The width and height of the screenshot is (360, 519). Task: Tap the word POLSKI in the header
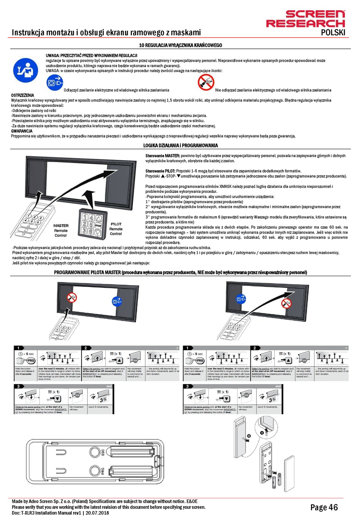333,33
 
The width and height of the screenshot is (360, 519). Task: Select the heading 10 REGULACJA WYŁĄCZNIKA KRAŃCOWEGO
180,45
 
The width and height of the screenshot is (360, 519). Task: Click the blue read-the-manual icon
25,71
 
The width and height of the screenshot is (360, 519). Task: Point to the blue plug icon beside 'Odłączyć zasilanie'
55,82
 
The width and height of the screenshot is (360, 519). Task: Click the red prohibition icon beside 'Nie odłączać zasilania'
206,82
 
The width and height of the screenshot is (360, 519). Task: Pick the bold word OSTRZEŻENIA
23,95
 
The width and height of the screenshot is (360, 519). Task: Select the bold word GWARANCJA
22,131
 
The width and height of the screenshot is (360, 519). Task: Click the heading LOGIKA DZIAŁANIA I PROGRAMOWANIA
180,145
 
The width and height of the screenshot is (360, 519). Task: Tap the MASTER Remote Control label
61,230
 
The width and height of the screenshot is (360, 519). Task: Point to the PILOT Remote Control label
116,229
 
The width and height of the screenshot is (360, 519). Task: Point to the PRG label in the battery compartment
102,471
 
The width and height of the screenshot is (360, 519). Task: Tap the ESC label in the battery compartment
102,452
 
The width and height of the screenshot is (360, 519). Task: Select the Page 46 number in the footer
324,507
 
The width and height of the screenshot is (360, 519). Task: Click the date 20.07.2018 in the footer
97,513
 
